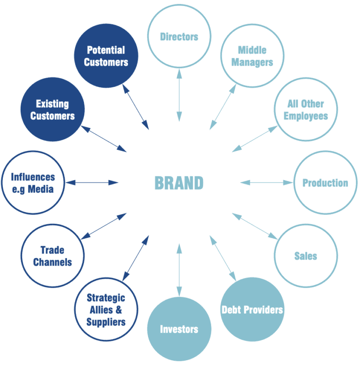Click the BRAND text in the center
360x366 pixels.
click(x=179, y=183)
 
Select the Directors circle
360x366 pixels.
click(x=179, y=37)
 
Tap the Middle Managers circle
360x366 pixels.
click(x=252, y=56)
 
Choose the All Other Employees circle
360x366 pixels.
click(x=306, y=110)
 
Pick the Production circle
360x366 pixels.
click(x=325, y=183)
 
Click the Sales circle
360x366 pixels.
click(x=306, y=256)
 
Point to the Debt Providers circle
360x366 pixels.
click(x=252, y=309)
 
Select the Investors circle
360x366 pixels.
click(x=179, y=329)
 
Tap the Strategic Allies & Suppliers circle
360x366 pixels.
click(x=106, y=309)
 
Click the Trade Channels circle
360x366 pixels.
click(x=52, y=256)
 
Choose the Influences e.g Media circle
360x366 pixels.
click(x=33, y=183)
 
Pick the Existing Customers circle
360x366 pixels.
click(x=52, y=110)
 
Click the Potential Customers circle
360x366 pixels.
click(x=106, y=56)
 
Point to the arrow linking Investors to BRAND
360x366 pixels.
click(x=179, y=270)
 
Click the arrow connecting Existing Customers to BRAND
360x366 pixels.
click(x=104, y=139)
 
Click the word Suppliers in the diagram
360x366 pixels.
click(x=106, y=322)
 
